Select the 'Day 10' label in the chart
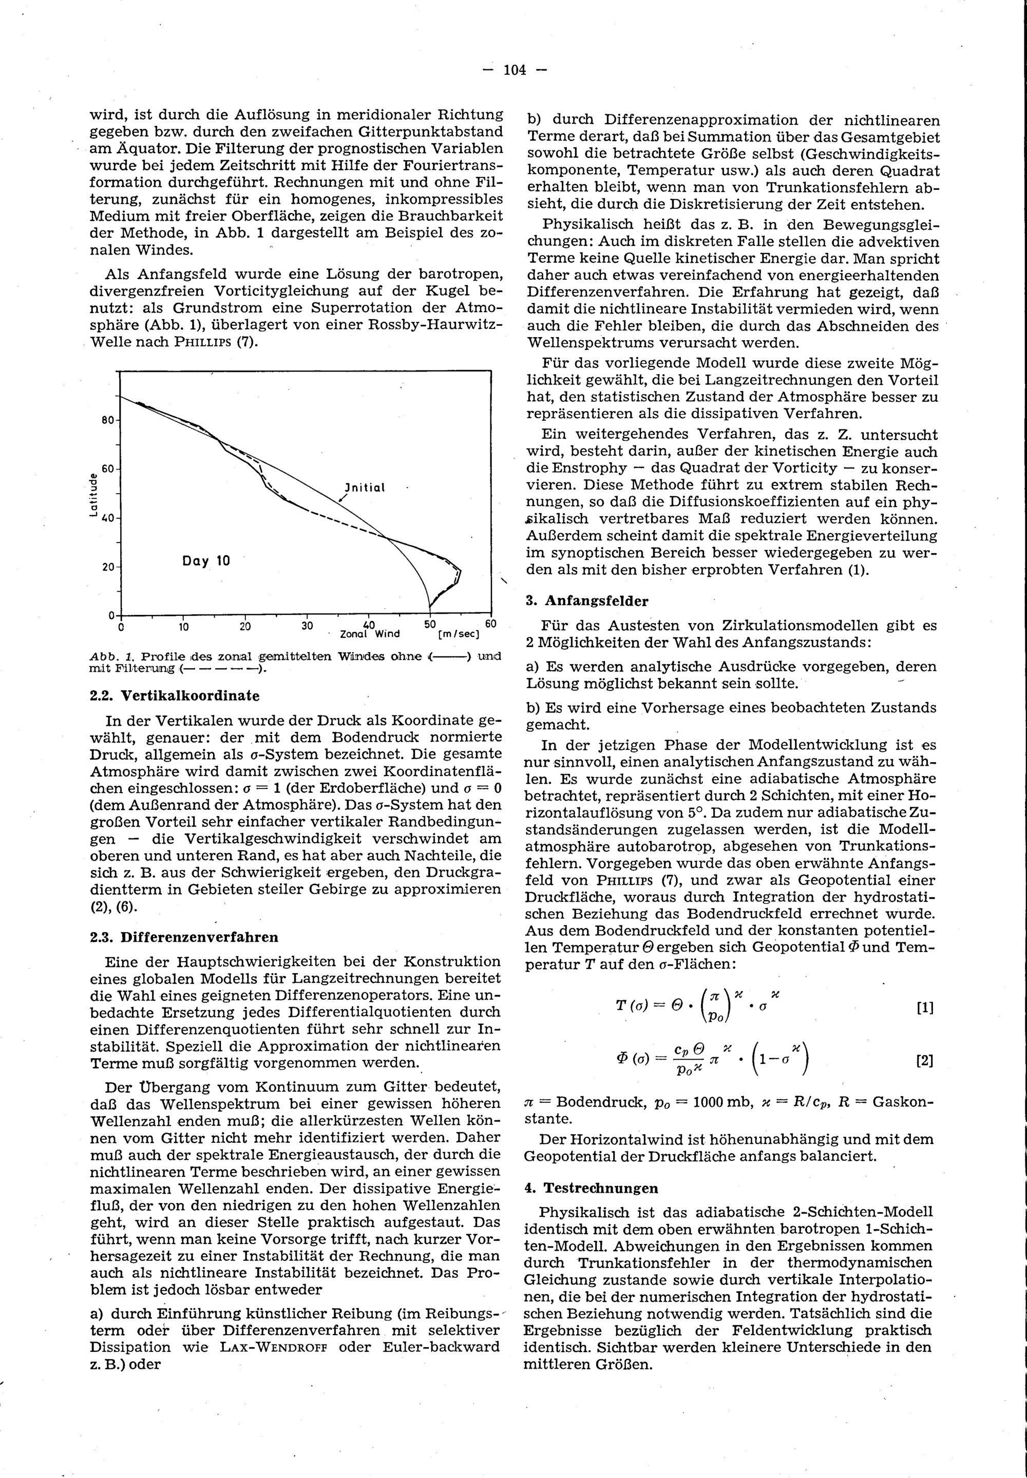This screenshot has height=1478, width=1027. tap(206, 561)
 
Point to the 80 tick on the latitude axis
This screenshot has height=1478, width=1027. tap(107, 420)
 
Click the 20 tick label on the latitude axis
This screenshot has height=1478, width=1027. tap(107, 567)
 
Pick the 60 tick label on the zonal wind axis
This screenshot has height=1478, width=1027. tap(490, 625)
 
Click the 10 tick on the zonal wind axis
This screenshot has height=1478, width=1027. tap(183, 626)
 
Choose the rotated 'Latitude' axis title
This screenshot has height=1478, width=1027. tap(94, 495)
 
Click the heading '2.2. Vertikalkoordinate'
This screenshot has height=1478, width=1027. tap(175, 696)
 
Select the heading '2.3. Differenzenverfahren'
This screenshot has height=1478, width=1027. tap(184, 937)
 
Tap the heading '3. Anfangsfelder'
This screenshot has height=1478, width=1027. tap(587, 601)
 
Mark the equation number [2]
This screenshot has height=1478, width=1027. tap(924, 1061)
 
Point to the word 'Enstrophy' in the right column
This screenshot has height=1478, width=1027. tap(577, 468)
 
